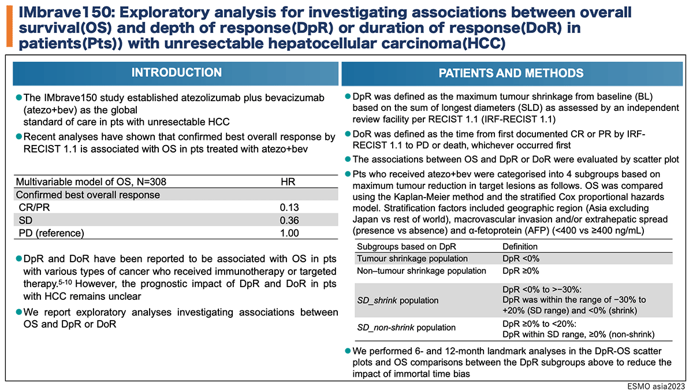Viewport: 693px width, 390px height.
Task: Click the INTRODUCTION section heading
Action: pyautogui.click(x=176, y=72)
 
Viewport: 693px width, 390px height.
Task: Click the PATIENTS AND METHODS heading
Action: pyautogui.click(x=511, y=73)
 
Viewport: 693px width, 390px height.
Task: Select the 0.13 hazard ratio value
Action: pyautogui.click(x=289, y=207)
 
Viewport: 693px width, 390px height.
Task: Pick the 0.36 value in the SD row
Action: pyautogui.click(x=289, y=220)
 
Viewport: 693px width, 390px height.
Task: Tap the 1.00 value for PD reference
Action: pyautogui.click(x=289, y=233)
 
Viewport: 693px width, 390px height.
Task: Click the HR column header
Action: pyautogui.click(x=288, y=181)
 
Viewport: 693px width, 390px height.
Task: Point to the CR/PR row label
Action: pyautogui.click(x=34, y=207)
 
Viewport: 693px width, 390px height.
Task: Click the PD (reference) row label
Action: pyautogui.click(x=51, y=233)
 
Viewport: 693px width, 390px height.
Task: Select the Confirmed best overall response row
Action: pyautogui.click(x=88, y=195)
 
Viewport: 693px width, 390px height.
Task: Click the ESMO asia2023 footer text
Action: pyautogui.click(x=656, y=386)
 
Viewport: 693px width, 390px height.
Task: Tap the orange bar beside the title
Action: pyautogui.click(x=10, y=27)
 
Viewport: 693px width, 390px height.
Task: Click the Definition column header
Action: pyautogui.click(x=520, y=246)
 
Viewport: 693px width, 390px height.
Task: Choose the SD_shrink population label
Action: pyautogui.click(x=397, y=300)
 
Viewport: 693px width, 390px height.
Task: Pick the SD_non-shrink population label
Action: pyautogui.click(x=406, y=328)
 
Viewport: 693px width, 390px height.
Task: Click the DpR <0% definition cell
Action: pyautogui.click(x=521, y=258)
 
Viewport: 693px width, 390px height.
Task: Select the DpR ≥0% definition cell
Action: pyautogui.click(x=521, y=271)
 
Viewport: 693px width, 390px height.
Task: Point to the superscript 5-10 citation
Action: pyautogui.click(x=65, y=283)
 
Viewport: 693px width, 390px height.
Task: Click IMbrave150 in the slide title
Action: pyautogui.click(x=65, y=12)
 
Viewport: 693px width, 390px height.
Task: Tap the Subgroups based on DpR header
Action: pyautogui.click(x=407, y=246)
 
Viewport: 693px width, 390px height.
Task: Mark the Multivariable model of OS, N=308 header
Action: pyautogui.click(x=91, y=181)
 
